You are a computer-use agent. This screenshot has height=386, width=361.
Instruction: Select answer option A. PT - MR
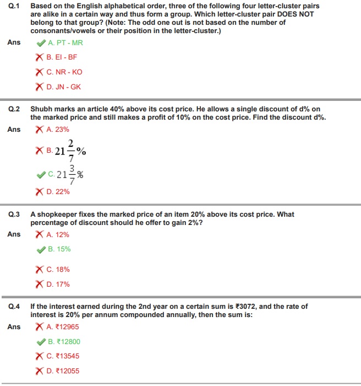65,42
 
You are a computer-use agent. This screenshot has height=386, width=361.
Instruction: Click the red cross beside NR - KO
40,72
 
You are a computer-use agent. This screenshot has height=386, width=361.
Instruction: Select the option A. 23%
58,130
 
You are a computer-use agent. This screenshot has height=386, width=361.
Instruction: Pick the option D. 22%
58,192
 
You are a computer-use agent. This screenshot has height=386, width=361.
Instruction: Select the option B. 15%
59,249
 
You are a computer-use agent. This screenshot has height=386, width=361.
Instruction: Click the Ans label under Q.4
14,327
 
